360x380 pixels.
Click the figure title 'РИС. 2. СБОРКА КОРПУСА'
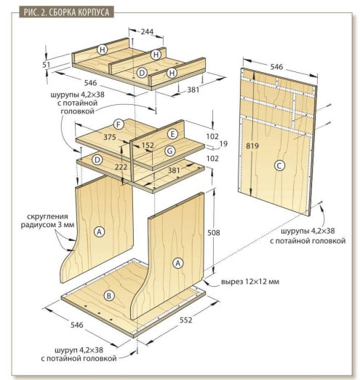click(66, 12)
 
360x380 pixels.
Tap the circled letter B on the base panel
click(109, 296)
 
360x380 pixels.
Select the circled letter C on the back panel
click(279, 166)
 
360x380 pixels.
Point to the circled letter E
click(172, 134)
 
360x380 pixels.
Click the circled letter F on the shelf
click(119, 124)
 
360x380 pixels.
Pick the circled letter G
click(170, 151)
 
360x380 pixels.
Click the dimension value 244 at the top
click(147, 31)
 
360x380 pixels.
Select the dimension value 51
click(47, 65)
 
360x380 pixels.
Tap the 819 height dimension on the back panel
click(252, 146)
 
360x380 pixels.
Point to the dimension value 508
click(214, 233)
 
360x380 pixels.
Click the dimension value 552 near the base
click(185, 320)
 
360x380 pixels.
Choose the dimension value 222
click(121, 167)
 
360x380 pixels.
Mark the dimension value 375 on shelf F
click(110, 137)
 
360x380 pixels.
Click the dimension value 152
click(148, 145)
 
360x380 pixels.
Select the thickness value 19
click(223, 143)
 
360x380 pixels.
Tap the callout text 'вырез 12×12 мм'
click(250, 282)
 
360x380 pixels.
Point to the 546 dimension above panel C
click(276, 67)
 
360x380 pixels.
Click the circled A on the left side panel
click(99, 231)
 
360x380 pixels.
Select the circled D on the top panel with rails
click(142, 73)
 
